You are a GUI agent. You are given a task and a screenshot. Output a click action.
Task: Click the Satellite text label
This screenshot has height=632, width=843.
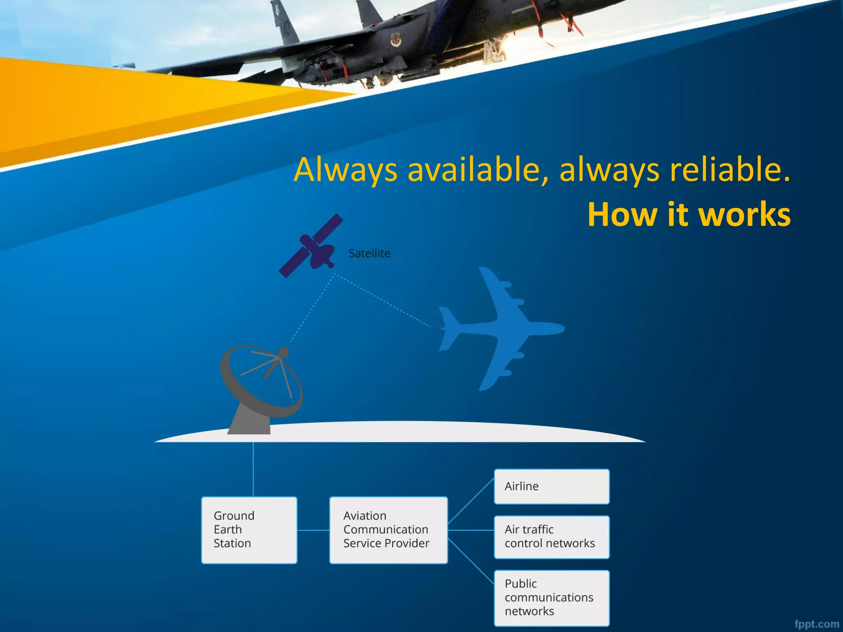[369, 253]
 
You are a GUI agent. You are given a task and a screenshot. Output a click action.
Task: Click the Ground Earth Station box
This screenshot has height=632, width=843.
[249, 530]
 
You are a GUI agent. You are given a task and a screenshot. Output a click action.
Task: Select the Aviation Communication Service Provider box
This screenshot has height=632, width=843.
[388, 530]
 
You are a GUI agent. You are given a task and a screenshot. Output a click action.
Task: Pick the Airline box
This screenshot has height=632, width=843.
[552, 486]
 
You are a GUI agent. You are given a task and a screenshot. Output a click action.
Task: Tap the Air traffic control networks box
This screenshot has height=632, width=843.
[552, 537]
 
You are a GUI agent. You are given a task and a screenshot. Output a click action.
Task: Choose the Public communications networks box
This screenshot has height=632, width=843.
[552, 597]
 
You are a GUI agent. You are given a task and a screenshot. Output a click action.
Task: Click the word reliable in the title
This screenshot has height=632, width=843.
[729, 170]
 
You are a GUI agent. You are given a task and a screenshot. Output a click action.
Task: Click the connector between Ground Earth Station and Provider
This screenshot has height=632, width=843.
[313, 530]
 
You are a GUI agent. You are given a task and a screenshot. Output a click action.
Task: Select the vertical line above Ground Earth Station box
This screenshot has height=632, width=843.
[253, 469]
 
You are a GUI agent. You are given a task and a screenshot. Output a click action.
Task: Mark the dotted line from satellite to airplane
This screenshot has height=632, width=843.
[383, 301]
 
